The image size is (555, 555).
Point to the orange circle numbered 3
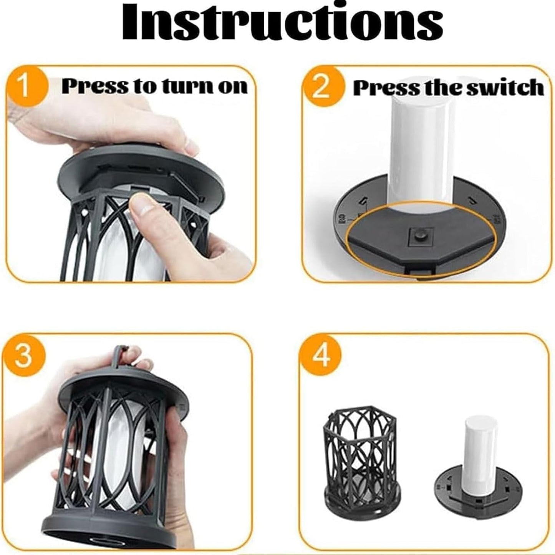point(23,356)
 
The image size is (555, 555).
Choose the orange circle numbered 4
point(321,356)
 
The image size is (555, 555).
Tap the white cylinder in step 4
point(480,446)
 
